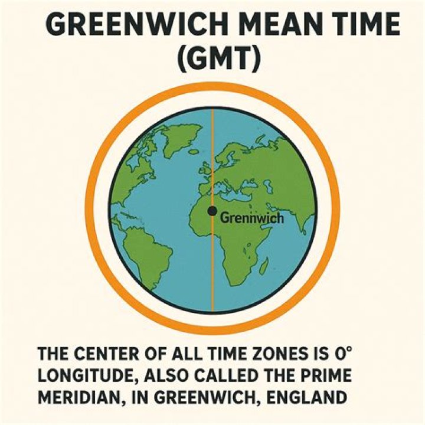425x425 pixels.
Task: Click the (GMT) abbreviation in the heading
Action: [212, 61]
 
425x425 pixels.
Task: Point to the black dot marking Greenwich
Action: [212, 211]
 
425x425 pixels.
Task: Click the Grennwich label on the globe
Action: [251, 218]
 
